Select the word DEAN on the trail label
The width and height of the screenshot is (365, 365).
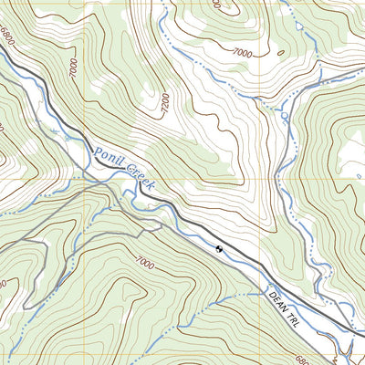tap(277, 298)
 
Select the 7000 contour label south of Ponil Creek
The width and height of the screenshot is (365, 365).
tap(143, 263)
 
